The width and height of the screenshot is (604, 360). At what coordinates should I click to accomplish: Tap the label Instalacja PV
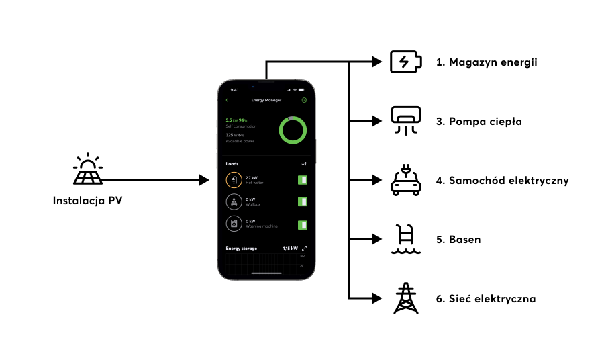(x=88, y=200)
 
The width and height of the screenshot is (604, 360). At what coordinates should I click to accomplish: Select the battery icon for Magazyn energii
(x=406, y=62)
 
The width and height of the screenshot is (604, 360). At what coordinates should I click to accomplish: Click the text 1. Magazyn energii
(x=487, y=62)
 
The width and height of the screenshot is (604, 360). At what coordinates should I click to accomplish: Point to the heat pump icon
(x=406, y=122)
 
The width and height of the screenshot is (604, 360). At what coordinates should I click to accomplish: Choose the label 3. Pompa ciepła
(x=479, y=122)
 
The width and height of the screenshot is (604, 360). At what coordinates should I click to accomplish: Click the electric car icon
(x=406, y=181)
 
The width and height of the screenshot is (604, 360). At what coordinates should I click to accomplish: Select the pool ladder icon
(x=406, y=240)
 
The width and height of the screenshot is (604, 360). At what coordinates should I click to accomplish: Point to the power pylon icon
(x=406, y=298)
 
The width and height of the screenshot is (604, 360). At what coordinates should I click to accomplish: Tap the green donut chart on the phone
(x=293, y=130)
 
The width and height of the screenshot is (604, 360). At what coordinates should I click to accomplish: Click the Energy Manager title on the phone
(x=266, y=100)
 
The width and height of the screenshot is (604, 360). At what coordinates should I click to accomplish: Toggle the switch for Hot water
(x=302, y=180)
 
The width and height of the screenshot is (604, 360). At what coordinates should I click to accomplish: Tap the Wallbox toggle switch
(x=302, y=201)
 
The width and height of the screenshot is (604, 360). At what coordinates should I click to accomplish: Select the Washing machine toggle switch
(x=302, y=224)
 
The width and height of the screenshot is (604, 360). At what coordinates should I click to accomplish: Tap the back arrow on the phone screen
(x=228, y=100)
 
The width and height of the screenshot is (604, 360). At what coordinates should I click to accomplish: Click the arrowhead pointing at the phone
(x=205, y=180)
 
